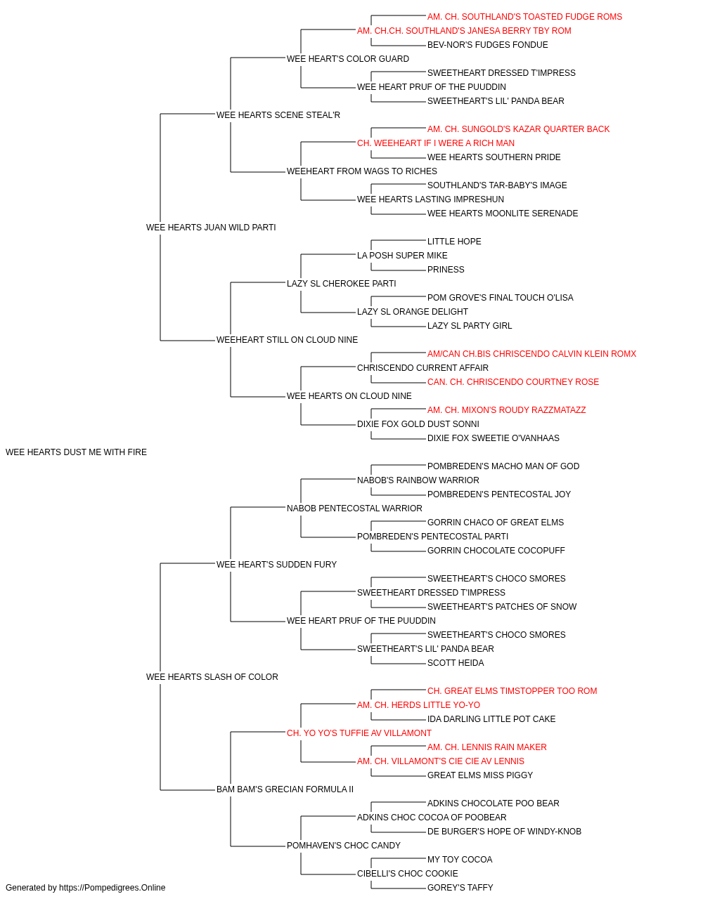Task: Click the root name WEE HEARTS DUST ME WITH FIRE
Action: point(76,452)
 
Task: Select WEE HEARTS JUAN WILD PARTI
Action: point(211,228)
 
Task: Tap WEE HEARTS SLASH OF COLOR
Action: point(212,677)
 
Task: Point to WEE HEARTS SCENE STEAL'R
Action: point(278,115)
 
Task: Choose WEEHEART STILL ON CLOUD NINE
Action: point(287,340)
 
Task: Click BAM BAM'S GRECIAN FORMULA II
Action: point(285,789)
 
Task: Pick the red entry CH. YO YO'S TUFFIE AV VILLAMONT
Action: point(359,733)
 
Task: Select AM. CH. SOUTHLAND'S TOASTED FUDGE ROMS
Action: point(524,17)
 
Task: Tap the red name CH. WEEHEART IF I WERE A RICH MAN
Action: point(436,143)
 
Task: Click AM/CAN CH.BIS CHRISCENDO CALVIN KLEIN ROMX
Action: point(531,354)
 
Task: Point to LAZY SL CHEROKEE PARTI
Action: point(341,283)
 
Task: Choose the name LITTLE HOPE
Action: point(454,241)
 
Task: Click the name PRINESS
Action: point(446,269)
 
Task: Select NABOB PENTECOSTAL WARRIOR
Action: point(354,508)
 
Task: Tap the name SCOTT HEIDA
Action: point(456,663)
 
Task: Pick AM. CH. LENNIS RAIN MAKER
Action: point(487,747)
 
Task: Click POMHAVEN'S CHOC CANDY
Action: point(344,846)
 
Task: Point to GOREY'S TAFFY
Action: point(460,888)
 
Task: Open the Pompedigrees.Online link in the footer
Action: point(112,888)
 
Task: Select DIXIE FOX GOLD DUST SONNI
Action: point(418,424)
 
